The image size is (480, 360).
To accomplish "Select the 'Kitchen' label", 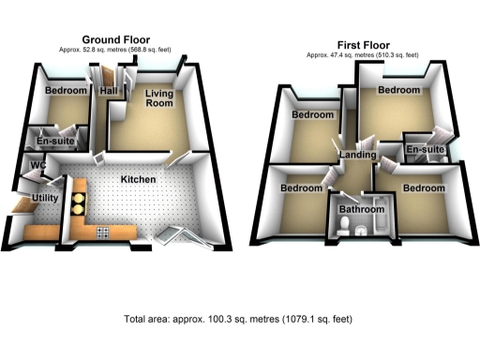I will tap(137, 178).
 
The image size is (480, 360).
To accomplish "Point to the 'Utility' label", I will tap(46, 199).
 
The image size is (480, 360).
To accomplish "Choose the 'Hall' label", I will tap(108, 90).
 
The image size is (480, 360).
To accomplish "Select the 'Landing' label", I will tap(358, 155).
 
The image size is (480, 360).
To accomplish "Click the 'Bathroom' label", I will tap(362, 210).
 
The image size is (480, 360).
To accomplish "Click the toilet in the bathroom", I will tap(345, 225).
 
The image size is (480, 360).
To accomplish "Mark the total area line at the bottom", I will tap(238, 320).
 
